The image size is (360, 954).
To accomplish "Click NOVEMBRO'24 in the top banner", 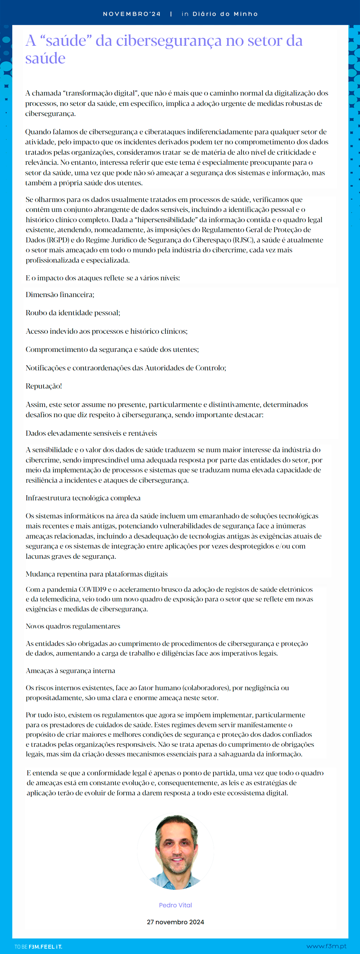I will coord(131,14).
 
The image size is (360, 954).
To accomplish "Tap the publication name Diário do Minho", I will coord(225,14).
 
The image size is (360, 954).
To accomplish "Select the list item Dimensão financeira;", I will coord(60,295).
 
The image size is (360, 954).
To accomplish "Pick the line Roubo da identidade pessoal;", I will coord(73,313).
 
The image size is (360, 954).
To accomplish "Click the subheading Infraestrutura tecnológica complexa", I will coord(83,498).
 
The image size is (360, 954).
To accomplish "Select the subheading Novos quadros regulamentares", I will coord(73,626).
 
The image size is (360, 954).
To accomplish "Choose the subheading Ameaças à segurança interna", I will coord(70,671).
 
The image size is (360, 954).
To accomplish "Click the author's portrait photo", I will coord(176,852).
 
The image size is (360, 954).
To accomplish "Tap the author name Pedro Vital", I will coord(176,905).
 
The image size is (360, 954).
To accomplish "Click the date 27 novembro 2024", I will coord(176,922).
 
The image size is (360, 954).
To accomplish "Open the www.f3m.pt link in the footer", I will coord(326,946).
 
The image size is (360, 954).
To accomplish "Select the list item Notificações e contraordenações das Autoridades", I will coord(126,368).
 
